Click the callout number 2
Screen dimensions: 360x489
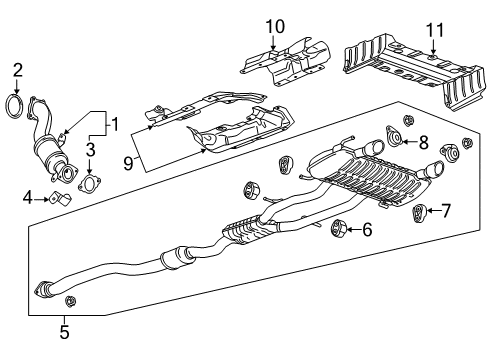16,69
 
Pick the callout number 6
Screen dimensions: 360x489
367,230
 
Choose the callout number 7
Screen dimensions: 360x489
446,210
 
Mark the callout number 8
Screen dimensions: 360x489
423,142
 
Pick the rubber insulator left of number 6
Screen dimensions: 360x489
340,228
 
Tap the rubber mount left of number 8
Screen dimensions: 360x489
395,139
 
